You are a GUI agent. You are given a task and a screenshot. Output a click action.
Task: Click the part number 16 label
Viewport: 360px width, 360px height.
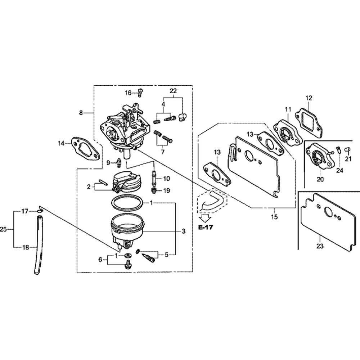pyautogui.click(x=128, y=93)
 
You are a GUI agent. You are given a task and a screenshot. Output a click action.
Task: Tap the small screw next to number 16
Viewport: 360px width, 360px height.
pyautogui.click(x=140, y=93)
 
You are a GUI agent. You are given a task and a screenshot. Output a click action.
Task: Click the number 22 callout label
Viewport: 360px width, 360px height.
pyautogui.click(x=173, y=91)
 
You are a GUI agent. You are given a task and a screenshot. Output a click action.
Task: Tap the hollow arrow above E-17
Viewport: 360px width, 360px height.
pyautogui.click(x=206, y=217)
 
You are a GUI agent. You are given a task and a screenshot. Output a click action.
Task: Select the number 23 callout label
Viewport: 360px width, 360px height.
pyautogui.click(x=320, y=246)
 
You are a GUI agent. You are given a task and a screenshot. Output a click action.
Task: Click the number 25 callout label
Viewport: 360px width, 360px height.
pyautogui.click(x=4, y=229)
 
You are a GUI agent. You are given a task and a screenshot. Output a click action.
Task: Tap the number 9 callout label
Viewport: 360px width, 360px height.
pyautogui.click(x=108, y=163)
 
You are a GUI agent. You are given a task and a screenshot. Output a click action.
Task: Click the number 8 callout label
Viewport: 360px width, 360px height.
pyautogui.click(x=81, y=113)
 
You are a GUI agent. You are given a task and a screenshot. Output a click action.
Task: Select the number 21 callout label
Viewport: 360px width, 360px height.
pyautogui.click(x=348, y=159)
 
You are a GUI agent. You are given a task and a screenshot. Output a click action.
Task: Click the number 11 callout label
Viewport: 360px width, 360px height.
pyautogui.click(x=288, y=109)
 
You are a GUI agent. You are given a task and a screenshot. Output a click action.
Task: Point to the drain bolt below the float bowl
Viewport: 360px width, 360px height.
pyautogui.click(x=127, y=265)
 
